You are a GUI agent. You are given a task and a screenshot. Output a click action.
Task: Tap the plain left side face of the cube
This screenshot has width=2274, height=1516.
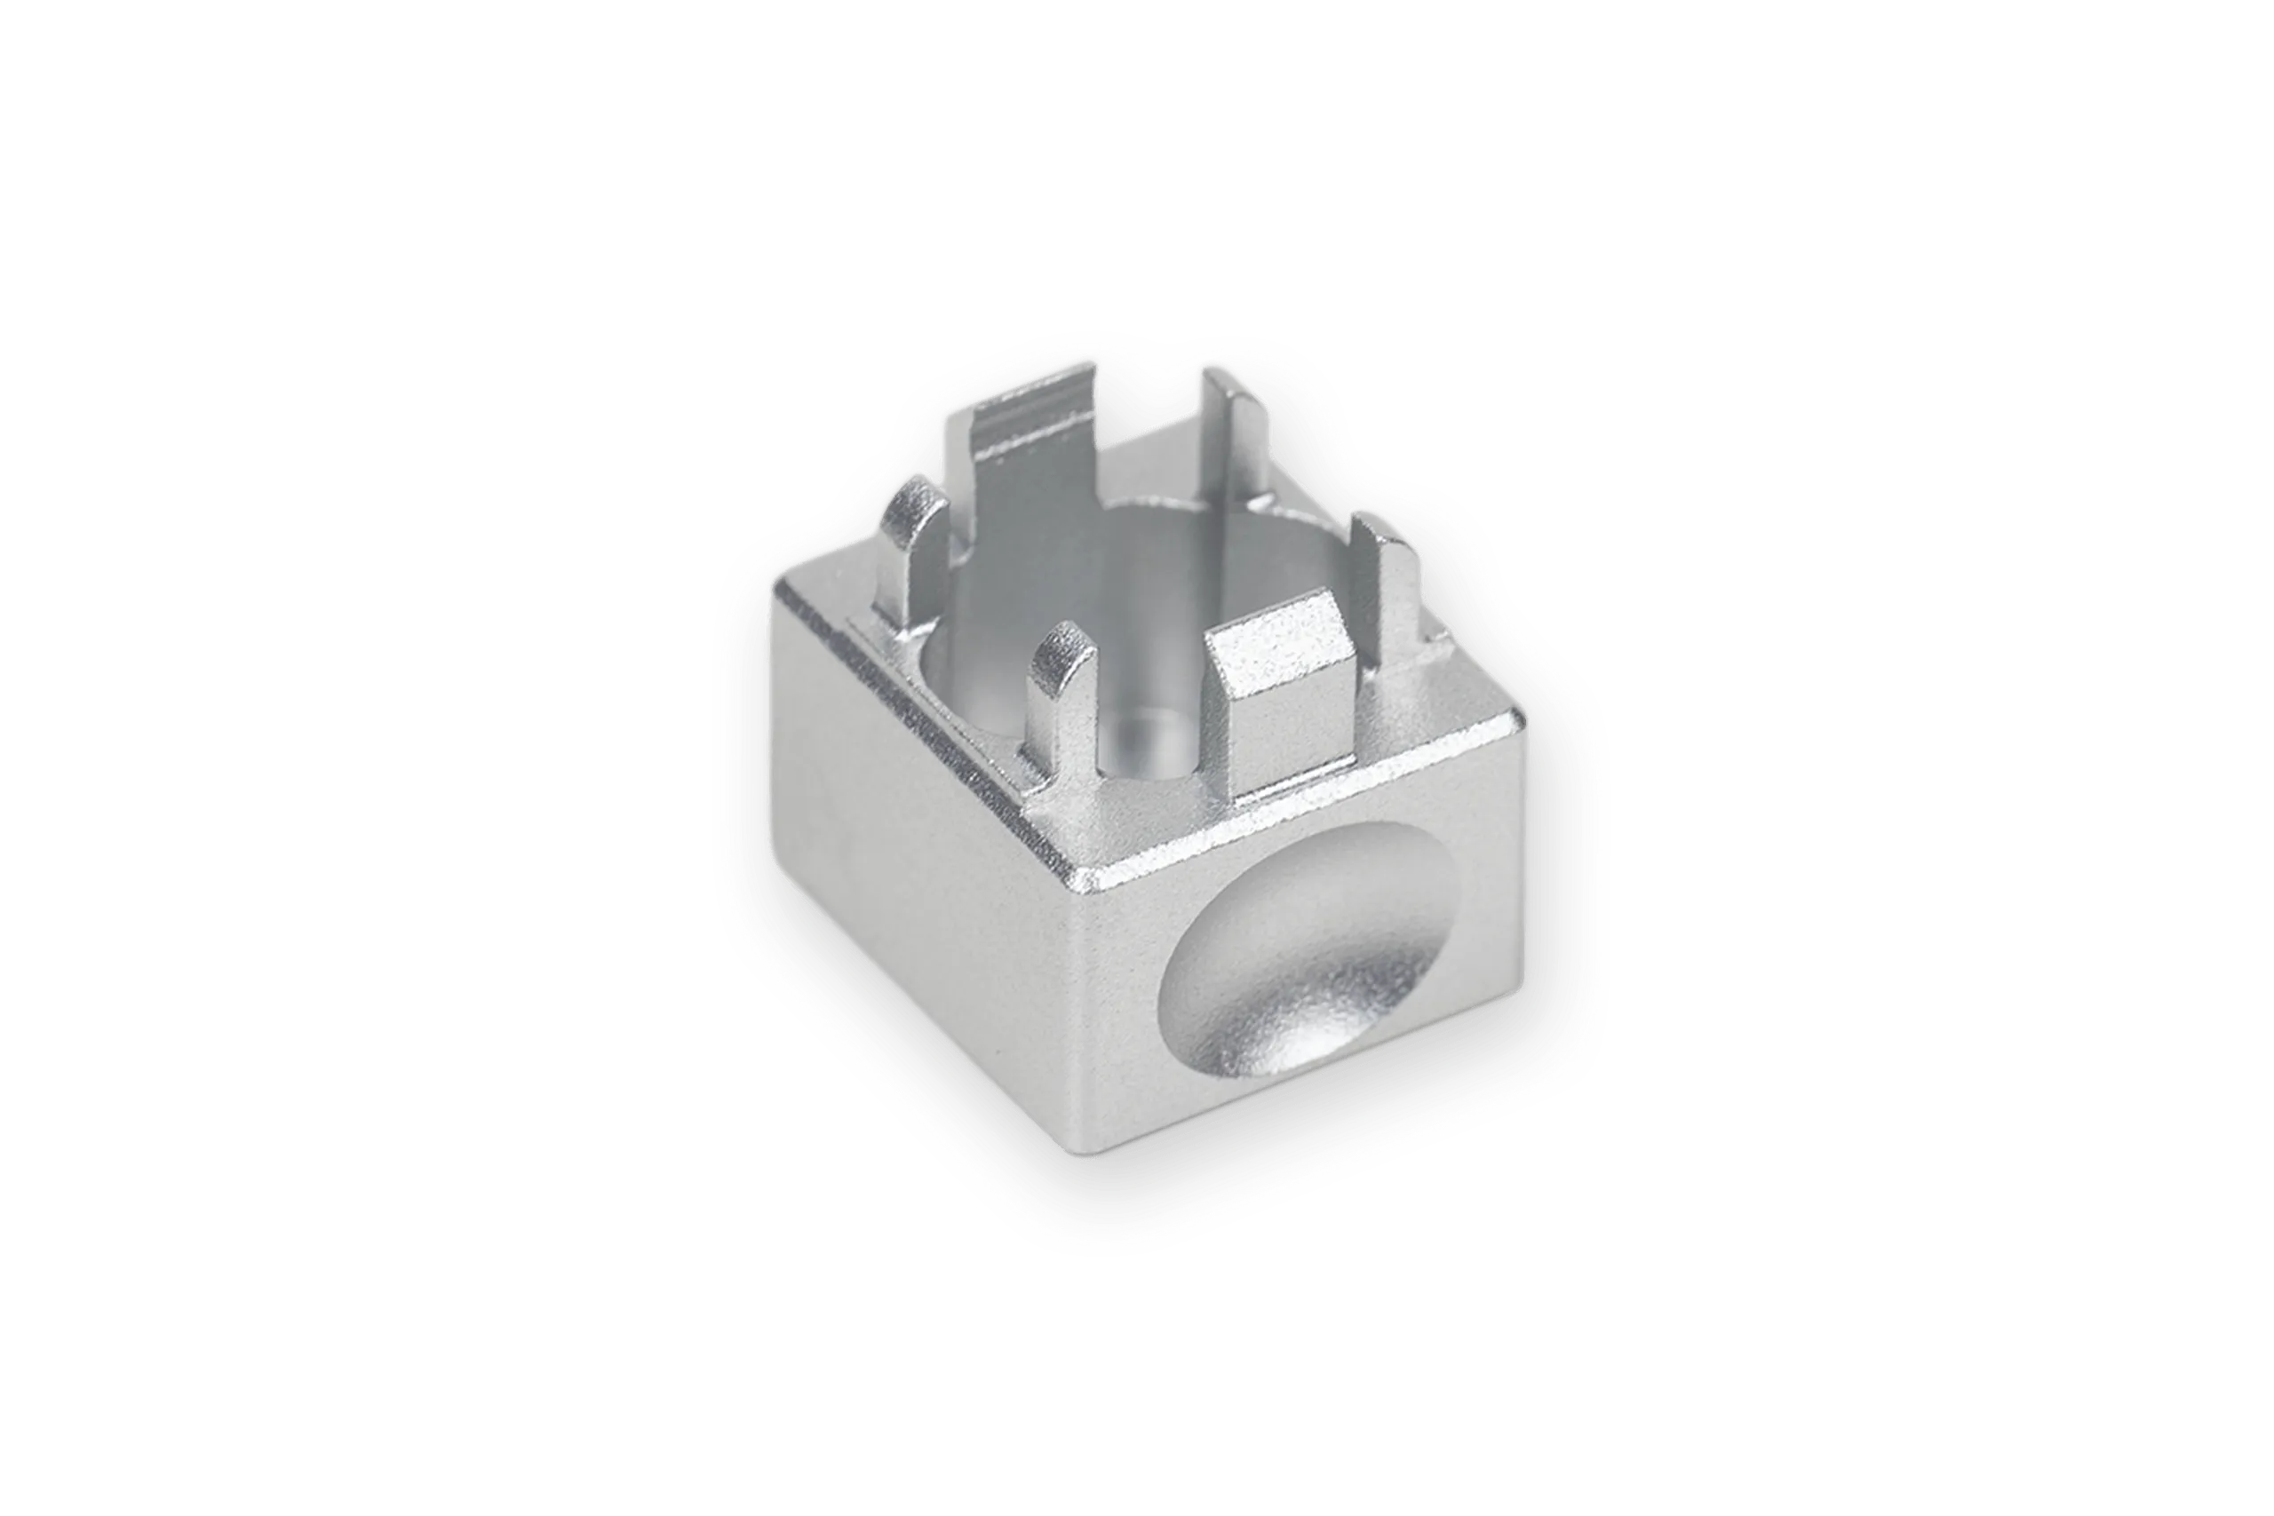coord(909,870)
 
